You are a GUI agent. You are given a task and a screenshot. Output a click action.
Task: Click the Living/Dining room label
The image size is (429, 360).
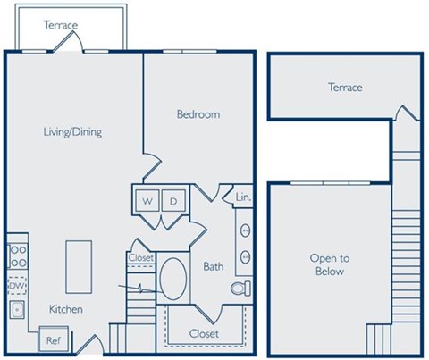point(72,132)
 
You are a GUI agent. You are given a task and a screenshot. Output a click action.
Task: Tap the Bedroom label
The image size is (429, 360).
point(198,114)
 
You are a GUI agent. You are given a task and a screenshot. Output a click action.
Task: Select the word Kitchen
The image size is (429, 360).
point(66,309)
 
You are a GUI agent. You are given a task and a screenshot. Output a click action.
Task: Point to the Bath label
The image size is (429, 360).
point(213,266)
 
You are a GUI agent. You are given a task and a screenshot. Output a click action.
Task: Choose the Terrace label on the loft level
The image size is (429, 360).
point(345,88)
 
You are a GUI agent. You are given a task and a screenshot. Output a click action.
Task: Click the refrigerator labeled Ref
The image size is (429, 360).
point(53,339)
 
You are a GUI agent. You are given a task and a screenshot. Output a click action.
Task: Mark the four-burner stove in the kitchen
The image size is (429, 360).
point(17,255)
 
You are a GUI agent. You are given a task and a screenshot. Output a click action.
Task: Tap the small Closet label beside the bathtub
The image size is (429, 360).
point(141,258)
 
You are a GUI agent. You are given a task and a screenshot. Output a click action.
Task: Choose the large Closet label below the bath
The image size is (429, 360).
point(203,333)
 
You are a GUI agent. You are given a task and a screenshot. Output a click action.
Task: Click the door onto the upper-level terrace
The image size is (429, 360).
point(403,114)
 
